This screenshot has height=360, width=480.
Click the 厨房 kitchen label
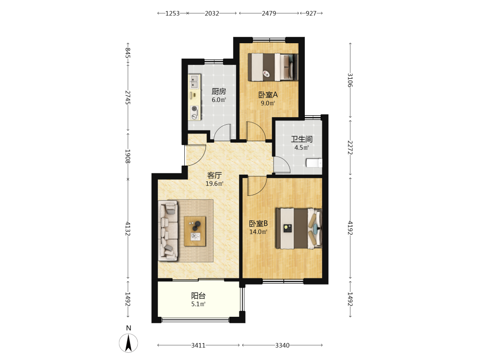coord(218,92)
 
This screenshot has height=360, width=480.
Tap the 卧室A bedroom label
coord(268,95)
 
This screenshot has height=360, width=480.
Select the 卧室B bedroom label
coord(258,224)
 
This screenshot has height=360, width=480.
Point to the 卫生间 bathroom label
coord(301,139)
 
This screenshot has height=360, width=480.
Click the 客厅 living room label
coord(214,175)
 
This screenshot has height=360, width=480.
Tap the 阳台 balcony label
coord(198,296)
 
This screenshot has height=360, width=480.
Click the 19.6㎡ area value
coord(214,184)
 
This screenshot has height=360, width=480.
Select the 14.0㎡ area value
coord(258,232)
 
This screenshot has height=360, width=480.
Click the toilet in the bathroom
coord(314,163)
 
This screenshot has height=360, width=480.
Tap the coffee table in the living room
coord(195,231)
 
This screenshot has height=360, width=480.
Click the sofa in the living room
coord(168,231)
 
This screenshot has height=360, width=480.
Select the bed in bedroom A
coord(273,67)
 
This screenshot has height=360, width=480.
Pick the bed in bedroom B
coord(299,228)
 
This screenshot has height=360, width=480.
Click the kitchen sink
coord(194,82)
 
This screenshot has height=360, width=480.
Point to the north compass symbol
coord(129,343)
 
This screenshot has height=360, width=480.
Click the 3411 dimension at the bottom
coord(198,345)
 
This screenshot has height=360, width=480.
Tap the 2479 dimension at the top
coord(269,13)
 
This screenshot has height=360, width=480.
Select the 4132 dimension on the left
coord(128,228)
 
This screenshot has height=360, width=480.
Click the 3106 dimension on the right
coord(350,80)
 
